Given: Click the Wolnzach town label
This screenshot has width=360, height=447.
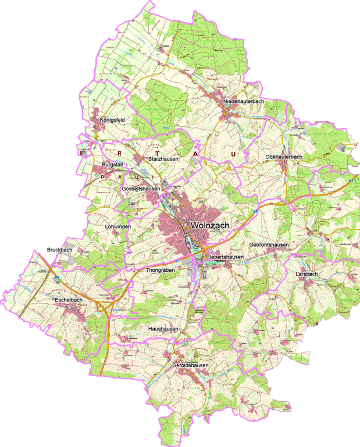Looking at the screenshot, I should click(208, 225).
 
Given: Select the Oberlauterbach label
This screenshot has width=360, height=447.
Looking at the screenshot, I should click(283, 157).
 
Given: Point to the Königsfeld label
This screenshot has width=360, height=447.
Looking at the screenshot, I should click(113, 119).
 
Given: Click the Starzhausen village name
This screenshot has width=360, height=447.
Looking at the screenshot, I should click(163, 158).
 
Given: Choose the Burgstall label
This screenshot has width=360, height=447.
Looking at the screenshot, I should click(112, 165).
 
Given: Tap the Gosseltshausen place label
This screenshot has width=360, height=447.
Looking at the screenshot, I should click(141, 189).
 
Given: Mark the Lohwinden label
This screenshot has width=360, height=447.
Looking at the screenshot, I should click(118, 226).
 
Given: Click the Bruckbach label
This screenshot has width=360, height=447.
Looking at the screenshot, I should click(59, 250).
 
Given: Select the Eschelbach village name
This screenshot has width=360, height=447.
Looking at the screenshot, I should click(69, 300).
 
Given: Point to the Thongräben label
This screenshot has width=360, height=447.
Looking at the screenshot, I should click(160, 270).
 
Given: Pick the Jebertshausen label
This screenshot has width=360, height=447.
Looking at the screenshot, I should click(226, 257).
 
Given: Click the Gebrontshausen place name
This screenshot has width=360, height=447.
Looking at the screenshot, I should click(269, 245).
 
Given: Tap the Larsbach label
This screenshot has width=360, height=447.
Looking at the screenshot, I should click(306, 274).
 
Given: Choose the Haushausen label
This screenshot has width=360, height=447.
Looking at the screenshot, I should click(163, 329).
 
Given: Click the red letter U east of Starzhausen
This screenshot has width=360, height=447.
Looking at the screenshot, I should click(233, 154).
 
